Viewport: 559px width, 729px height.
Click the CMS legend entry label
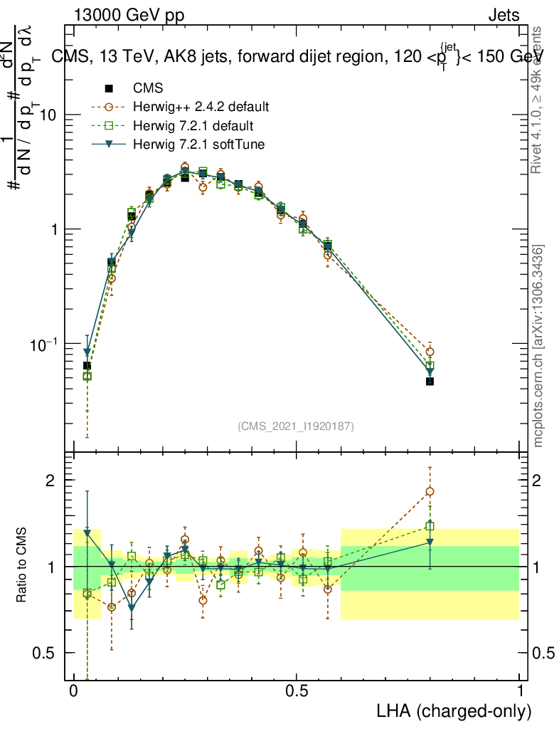[148, 89]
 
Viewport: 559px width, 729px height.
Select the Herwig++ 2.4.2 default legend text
[201, 107]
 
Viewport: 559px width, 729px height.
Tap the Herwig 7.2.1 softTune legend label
[203, 145]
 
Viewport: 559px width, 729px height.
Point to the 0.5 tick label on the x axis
[297, 691]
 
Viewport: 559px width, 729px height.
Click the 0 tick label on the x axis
[74, 691]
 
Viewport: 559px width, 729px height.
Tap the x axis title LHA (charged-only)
[455, 711]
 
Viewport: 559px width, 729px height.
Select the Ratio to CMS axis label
[22, 566]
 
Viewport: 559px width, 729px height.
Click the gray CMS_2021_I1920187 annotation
[296, 426]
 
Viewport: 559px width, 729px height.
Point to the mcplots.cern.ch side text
[538, 347]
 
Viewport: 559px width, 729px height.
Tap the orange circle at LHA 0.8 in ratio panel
[430, 491]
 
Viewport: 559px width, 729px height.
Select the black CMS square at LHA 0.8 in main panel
[430, 382]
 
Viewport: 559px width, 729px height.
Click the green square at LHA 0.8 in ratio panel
[430, 527]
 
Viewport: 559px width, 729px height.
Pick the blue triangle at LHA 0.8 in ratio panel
[430, 542]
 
